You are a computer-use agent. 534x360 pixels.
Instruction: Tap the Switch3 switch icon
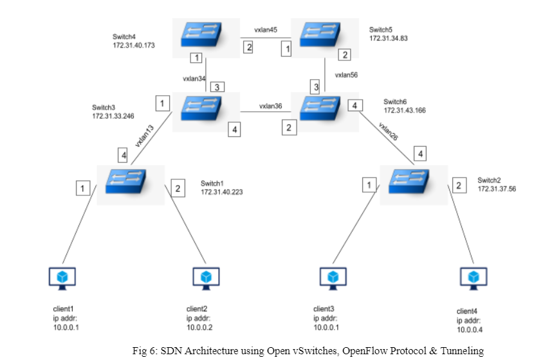pyautogui.click(x=205, y=105)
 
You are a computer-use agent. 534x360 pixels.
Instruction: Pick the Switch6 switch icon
pyautogui.click(x=322, y=105)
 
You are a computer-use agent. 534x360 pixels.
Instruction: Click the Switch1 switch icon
pyautogui.click(x=131, y=177)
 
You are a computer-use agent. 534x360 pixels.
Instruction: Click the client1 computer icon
pyautogui.click(x=63, y=278)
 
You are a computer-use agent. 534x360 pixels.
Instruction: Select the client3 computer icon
pyautogui.click(x=333, y=278)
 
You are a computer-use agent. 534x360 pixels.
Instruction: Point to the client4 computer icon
pyautogui.click(x=474, y=278)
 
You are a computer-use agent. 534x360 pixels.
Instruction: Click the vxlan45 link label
pyautogui.click(x=266, y=30)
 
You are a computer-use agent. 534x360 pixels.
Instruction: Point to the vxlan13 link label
pyautogui.click(x=145, y=136)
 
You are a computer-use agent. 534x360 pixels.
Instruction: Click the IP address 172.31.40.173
pyautogui.click(x=134, y=46)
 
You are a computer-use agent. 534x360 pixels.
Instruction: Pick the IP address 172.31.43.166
pyautogui.click(x=404, y=111)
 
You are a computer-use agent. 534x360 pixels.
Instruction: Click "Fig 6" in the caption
pyautogui.click(x=143, y=350)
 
